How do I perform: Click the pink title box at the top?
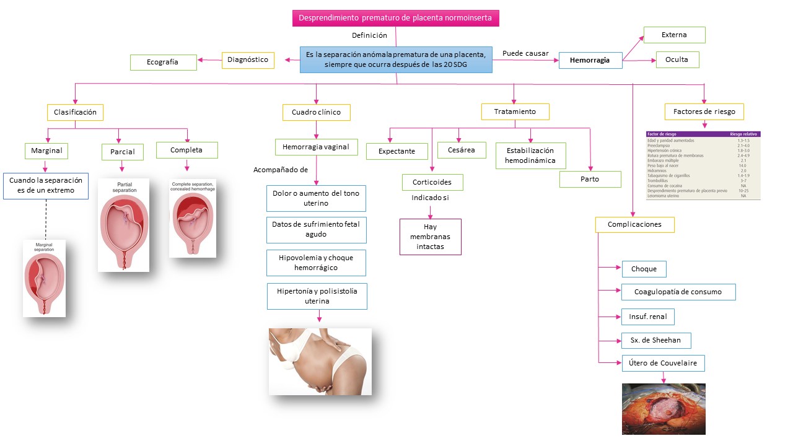395,18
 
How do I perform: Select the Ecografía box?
163,62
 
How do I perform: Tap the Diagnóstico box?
248,60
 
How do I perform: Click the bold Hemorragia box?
590,60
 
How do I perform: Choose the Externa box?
674,35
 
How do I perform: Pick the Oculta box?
677,59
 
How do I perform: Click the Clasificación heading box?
75,112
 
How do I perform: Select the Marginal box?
46,151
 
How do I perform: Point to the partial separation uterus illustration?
123,225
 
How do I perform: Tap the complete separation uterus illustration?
193,218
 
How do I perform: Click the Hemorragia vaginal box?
316,147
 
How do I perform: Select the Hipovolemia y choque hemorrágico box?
316,263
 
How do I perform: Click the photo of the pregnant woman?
320,361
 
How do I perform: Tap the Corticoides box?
432,182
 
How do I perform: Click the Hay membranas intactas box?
430,237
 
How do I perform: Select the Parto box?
590,179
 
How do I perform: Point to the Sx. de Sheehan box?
655,340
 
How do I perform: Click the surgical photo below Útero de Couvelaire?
663,409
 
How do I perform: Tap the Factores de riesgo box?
704,111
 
